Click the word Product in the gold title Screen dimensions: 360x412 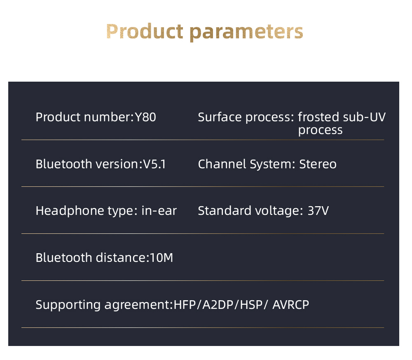(x=145, y=31)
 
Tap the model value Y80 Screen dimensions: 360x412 (x=145, y=117)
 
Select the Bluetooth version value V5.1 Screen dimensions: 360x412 (x=154, y=164)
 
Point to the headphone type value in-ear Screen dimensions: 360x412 (x=159, y=211)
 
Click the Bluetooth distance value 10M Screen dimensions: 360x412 (x=162, y=258)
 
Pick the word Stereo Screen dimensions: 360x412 (x=318, y=164)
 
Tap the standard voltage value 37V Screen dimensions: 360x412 (x=318, y=211)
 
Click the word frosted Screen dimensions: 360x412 (x=319, y=117)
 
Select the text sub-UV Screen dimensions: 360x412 (x=364, y=117)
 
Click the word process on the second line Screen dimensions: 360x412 (x=320, y=131)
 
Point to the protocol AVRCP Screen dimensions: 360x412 (x=290, y=305)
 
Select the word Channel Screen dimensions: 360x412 (x=222, y=164)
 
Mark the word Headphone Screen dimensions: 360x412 (x=64, y=211)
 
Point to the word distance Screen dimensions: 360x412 (x=121, y=258)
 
